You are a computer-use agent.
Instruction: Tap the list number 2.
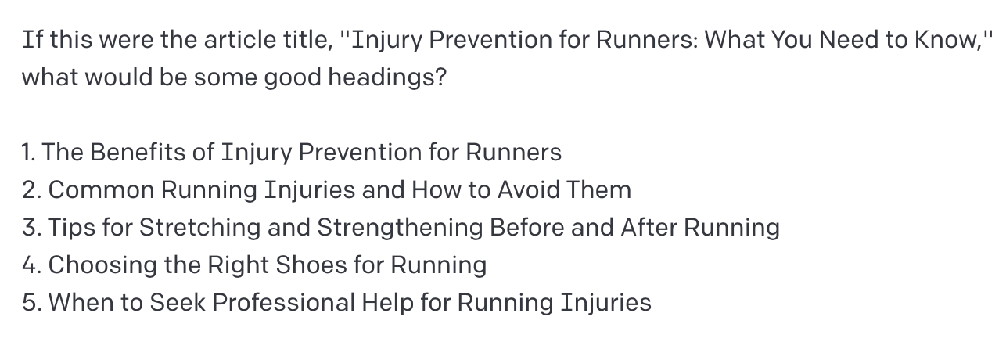(x=31, y=190)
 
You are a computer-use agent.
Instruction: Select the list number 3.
(x=31, y=228)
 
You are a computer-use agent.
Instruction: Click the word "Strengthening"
(x=399, y=228)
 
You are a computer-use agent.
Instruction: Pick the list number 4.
(x=31, y=265)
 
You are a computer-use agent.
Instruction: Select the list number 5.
(x=31, y=303)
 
